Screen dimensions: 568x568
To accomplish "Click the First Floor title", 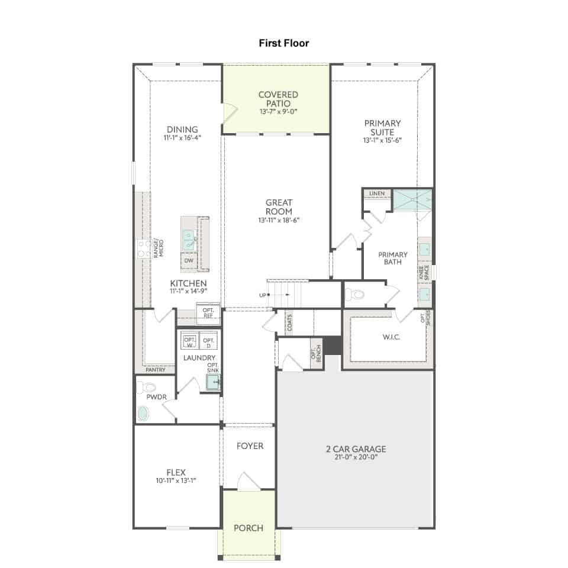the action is coord(284,43).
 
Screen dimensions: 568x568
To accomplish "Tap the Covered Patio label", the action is coord(278,99).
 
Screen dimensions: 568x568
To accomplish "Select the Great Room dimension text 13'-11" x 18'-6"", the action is coord(279,220).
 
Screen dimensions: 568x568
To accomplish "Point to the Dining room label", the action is coord(182,130).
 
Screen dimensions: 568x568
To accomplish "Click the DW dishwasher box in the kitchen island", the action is coord(189,260).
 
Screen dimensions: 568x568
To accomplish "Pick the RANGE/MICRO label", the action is coord(159,248).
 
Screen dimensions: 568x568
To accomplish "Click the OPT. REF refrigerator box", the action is coord(208,313).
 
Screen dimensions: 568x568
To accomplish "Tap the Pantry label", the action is coord(156,370).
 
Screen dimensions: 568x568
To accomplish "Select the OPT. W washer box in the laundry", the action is coord(189,341).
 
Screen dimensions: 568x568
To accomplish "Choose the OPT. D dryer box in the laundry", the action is coord(209,341).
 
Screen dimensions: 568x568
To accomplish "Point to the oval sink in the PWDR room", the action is coord(143,414).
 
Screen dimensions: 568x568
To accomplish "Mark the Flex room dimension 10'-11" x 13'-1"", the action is coord(176,480).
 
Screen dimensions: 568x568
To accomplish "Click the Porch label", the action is coord(248,528).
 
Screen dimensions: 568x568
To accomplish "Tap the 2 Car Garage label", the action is coord(356,449).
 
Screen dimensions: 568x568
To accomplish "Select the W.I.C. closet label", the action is coord(391,337).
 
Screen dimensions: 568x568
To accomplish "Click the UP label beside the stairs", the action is coord(263,295).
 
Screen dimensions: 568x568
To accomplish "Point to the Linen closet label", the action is coord(377,193).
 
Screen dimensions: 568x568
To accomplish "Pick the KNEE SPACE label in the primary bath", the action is coord(424,272).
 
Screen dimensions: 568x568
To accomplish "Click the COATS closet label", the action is coord(289,322).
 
